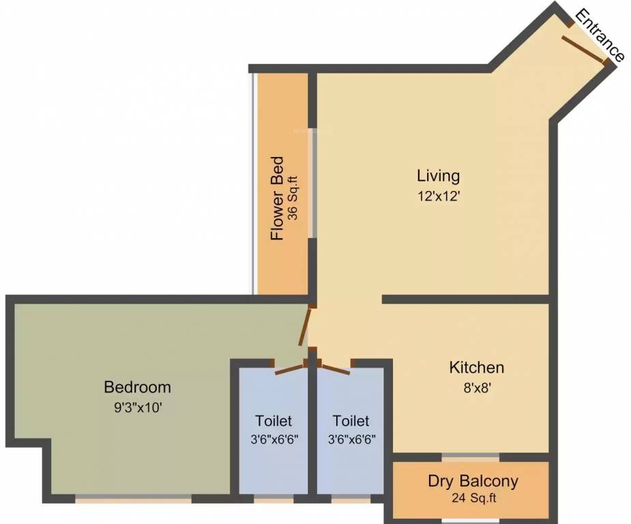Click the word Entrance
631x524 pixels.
[600, 35]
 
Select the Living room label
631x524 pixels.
[438, 176]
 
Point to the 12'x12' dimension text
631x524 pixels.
[438, 196]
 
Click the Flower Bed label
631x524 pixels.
[277, 199]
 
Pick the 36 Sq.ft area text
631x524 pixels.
[294, 198]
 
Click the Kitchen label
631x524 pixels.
[476, 368]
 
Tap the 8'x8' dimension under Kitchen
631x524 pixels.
[477, 388]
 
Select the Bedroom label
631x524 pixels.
[138, 387]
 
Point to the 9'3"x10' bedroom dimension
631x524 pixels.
[138, 408]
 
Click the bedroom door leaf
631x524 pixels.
[304, 326]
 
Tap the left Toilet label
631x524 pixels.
[274, 421]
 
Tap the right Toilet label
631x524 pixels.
[351, 421]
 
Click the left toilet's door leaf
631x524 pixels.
[289, 370]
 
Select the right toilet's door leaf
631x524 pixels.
[336, 370]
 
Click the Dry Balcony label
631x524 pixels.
[473, 481]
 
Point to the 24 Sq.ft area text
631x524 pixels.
[473, 498]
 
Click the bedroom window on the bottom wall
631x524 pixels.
[133, 499]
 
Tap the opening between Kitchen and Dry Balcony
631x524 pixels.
[471, 457]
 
